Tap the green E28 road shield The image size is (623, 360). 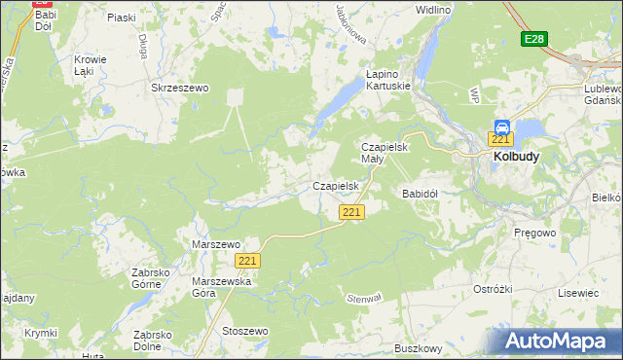coord(532,39)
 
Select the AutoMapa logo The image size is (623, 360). coord(560,342)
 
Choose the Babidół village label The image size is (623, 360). coord(421,194)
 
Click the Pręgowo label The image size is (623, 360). coord(532,234)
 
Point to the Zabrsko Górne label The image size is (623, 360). coord(153,279)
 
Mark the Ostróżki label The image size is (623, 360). coord(492,290)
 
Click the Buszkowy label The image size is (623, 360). coord(419,348)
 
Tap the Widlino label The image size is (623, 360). coord(433,9)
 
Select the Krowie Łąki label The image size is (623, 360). coord(91,65)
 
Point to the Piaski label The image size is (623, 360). coord(122,18)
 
